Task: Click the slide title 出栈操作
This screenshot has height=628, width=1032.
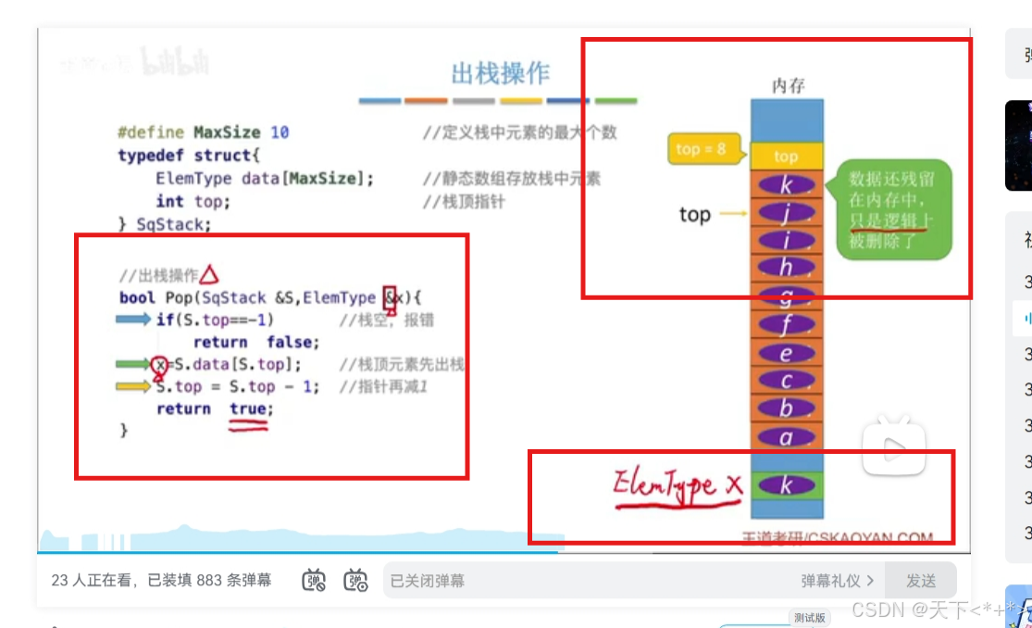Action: click(500, 73)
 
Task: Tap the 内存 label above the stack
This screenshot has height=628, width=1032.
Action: click(788, 86)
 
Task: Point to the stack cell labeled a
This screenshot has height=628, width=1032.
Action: click(786, 437)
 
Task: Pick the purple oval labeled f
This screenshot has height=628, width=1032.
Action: click(786, 324)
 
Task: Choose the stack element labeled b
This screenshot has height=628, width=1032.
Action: click(786, 408)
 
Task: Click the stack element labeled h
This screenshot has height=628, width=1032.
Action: click(786, 268)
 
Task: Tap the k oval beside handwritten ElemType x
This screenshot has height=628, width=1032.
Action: click(786, 484)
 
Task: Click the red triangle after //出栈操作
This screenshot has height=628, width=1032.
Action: click(209, 274)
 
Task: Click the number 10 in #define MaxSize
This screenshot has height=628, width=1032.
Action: click(280, 132)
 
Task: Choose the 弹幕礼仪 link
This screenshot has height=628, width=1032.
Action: click(837, 581)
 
